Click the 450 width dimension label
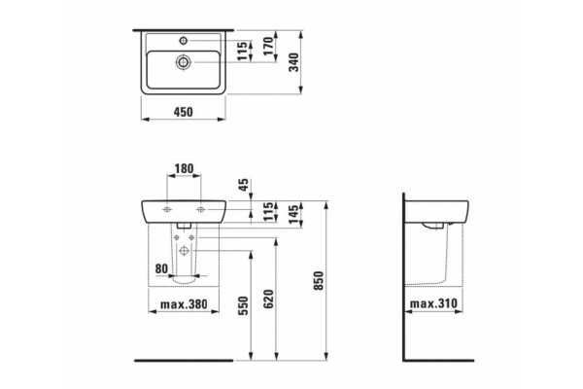(184, 112)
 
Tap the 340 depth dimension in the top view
(294, 62)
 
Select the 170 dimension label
(268, 46)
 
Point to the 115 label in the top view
(242, 51)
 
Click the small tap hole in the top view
(184, 40)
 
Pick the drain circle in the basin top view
(184, 62)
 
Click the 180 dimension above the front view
(184, 169)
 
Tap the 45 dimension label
(244, 185)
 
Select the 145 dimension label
(293, 214)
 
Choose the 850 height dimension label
(319, 281)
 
